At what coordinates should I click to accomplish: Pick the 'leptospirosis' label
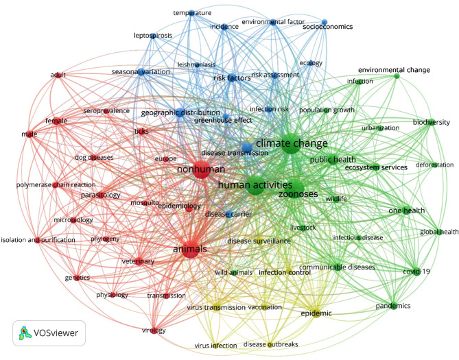(152, 36)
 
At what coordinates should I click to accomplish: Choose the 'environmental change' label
(394, 70)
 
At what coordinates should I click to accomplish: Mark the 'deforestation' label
(434, 165)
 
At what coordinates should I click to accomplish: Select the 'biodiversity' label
(430, 122)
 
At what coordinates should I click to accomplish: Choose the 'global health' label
(439, 232)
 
